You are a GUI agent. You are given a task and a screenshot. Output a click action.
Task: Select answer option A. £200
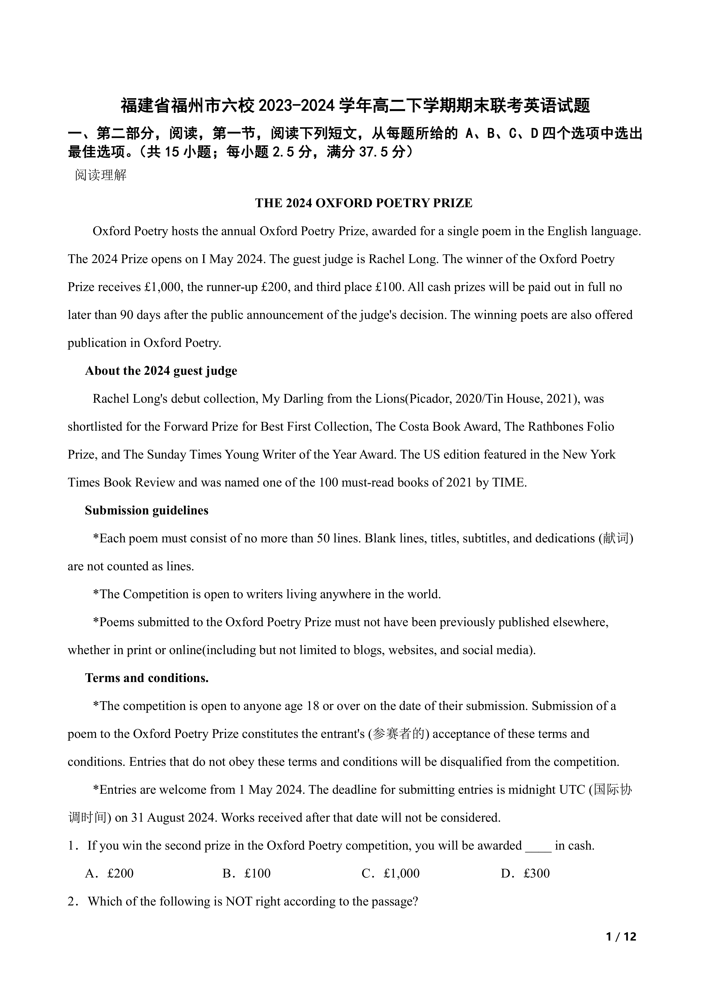tap(109, 873)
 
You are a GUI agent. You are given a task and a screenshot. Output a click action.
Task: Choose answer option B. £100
tap(246, 873)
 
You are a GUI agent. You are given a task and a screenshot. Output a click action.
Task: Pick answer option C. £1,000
tap(390, 873)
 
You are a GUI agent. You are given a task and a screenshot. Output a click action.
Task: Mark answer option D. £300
tap(525, 873)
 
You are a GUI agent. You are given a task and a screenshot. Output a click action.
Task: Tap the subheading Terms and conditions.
tap(147, 678)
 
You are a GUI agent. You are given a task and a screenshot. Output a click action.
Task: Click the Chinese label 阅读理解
tap(101, 175)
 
